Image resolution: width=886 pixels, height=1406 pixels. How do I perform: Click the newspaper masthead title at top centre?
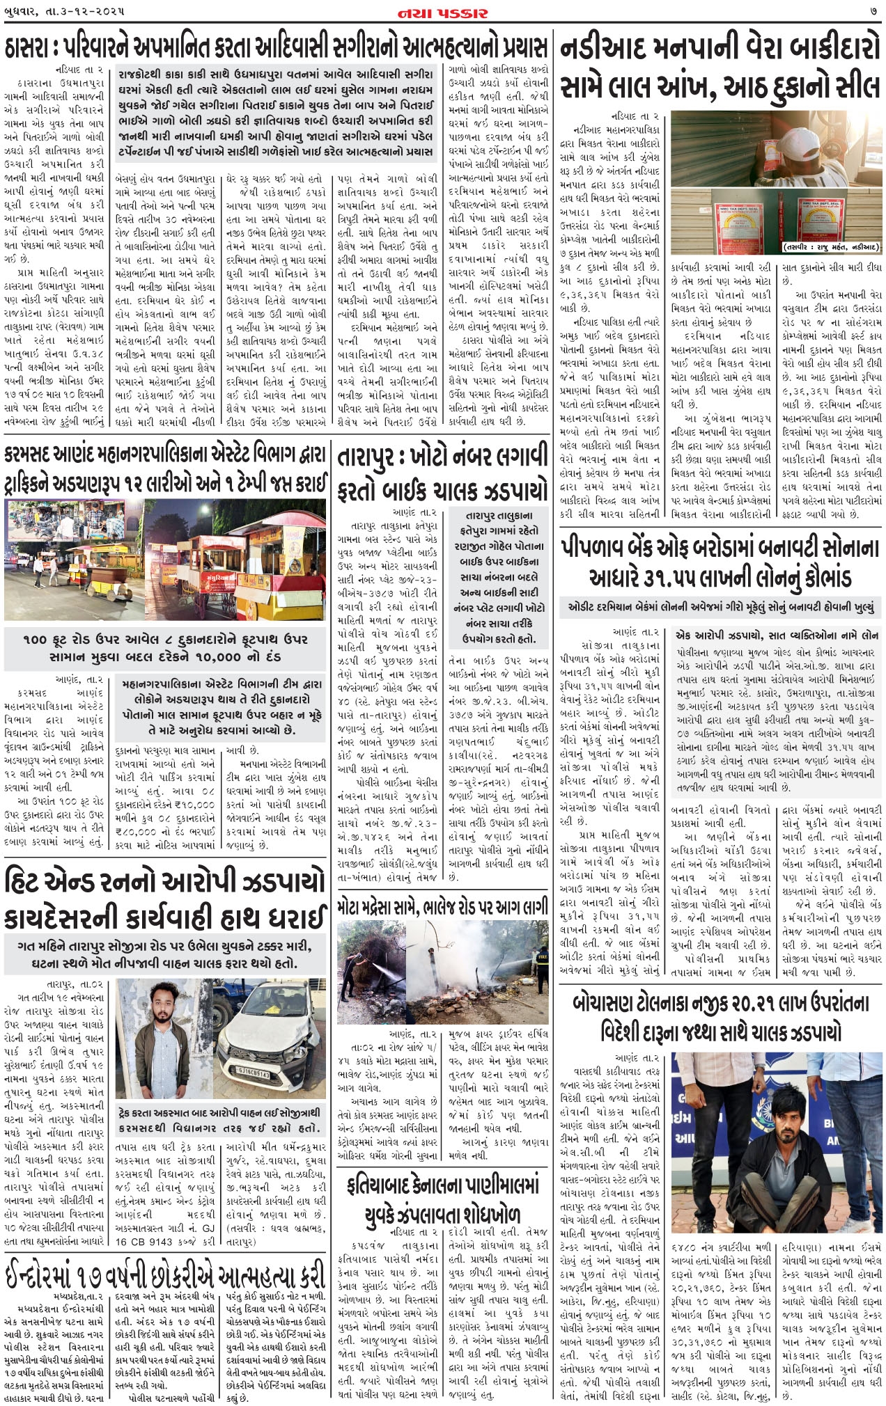pyautogui.click(x=442, y=13)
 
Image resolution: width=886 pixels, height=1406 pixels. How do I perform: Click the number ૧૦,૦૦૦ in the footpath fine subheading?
pyautogui.click(x=209, y=656)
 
